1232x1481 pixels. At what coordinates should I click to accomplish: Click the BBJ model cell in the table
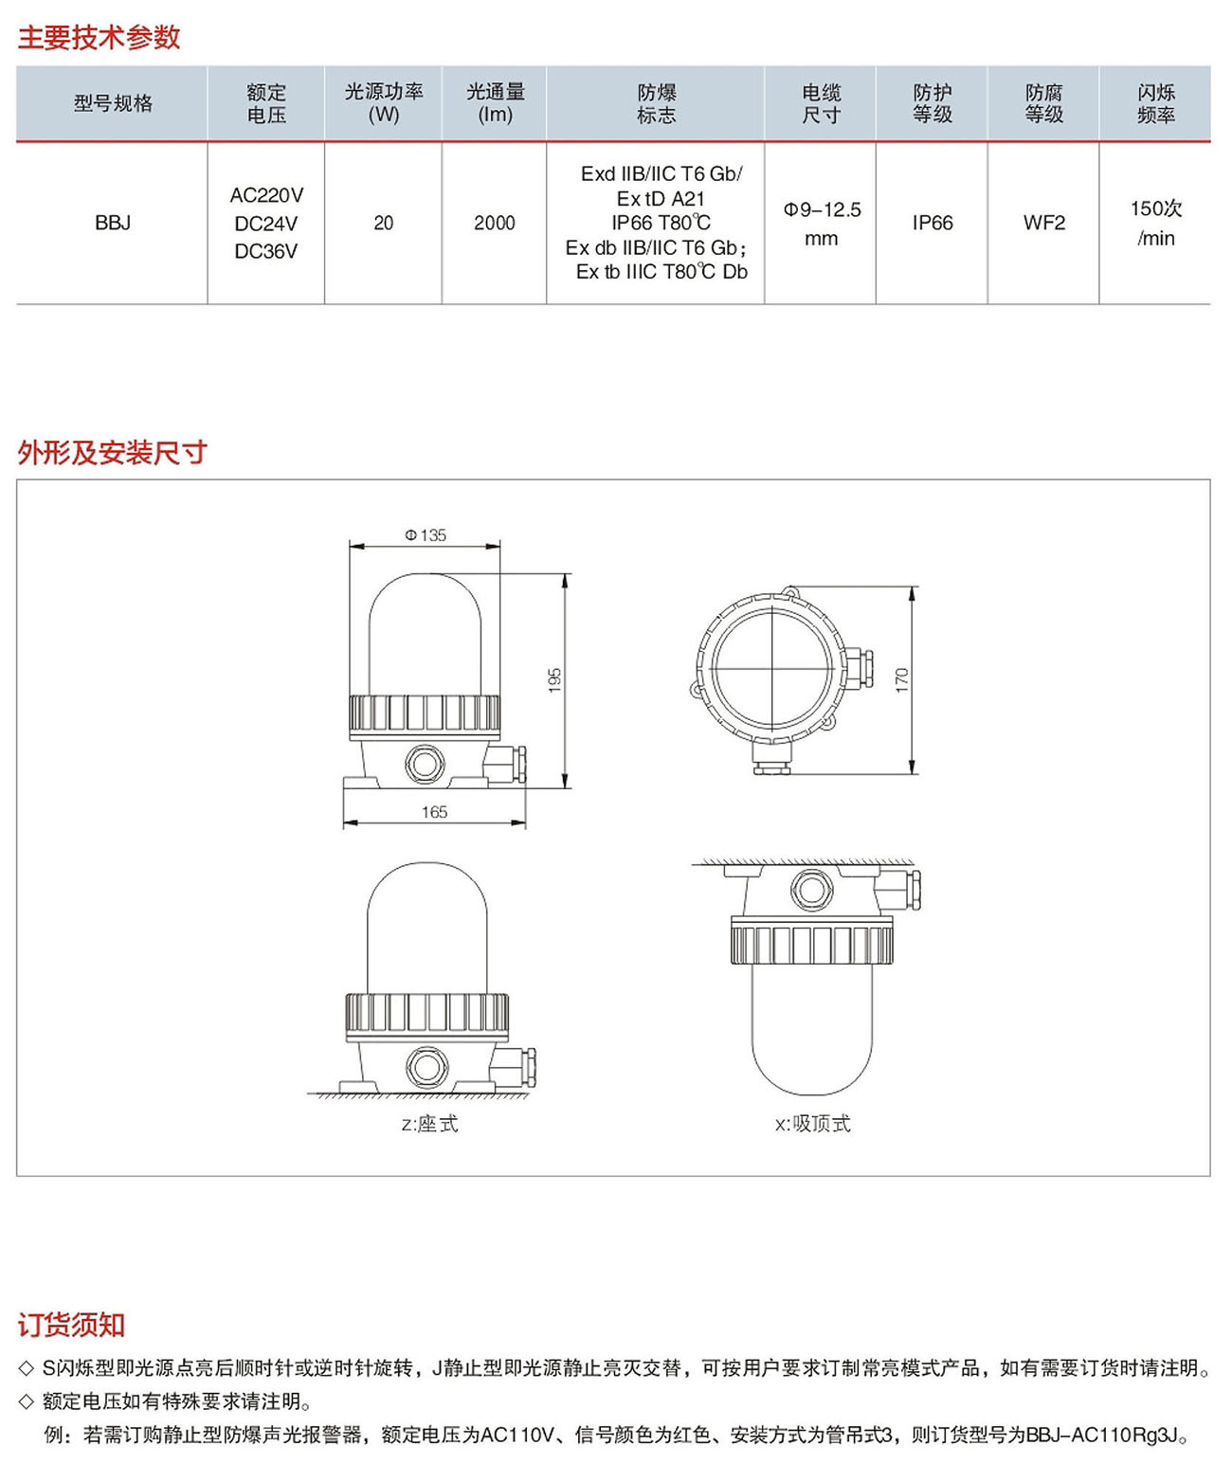[x=113, y=223]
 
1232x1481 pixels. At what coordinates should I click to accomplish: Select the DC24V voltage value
[x=266, y=224]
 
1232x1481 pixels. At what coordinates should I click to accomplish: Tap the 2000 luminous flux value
[x=495, y=223]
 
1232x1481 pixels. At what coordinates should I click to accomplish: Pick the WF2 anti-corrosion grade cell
[x=1044, y=223]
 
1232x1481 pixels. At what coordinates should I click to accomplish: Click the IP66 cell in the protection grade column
[x=933, y=223]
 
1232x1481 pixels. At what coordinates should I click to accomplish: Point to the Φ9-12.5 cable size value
[x=822, y=209]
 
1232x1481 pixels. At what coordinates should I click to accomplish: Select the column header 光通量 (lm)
[x=495, y=103]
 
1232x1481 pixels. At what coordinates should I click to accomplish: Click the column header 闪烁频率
[x=1156, y=103]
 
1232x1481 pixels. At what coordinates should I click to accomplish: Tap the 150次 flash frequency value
[x=1156, y=208]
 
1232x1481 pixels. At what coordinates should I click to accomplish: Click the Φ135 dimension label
[x=426, y=535]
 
